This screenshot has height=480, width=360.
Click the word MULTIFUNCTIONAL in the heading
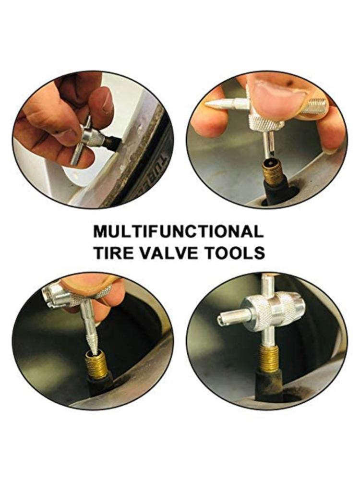[178, 231]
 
